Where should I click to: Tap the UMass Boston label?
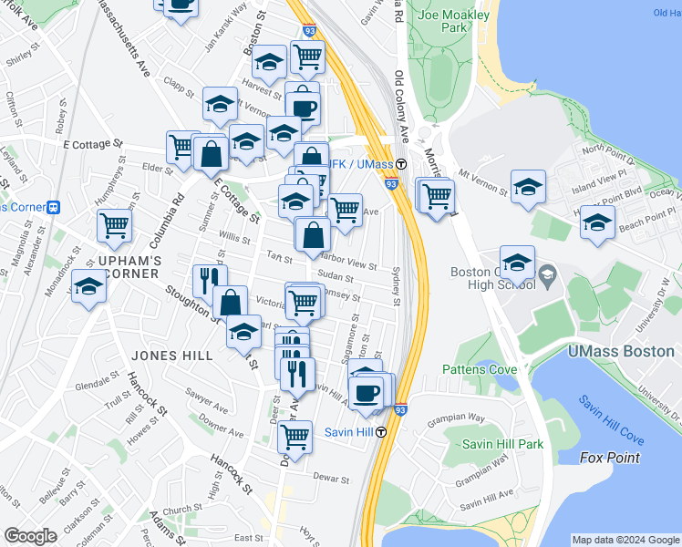(621, 351)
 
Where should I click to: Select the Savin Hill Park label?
(502, 444)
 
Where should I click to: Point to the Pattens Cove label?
(480, 369)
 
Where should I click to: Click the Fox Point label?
(610, 458)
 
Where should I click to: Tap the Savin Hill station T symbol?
(381, 431)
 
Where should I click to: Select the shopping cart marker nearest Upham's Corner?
(115, 224)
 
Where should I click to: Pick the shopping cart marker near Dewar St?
(294, 439)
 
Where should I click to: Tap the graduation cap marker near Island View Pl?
(528, 186)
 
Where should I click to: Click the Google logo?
(32, 537)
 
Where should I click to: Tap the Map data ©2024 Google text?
(625, 540)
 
